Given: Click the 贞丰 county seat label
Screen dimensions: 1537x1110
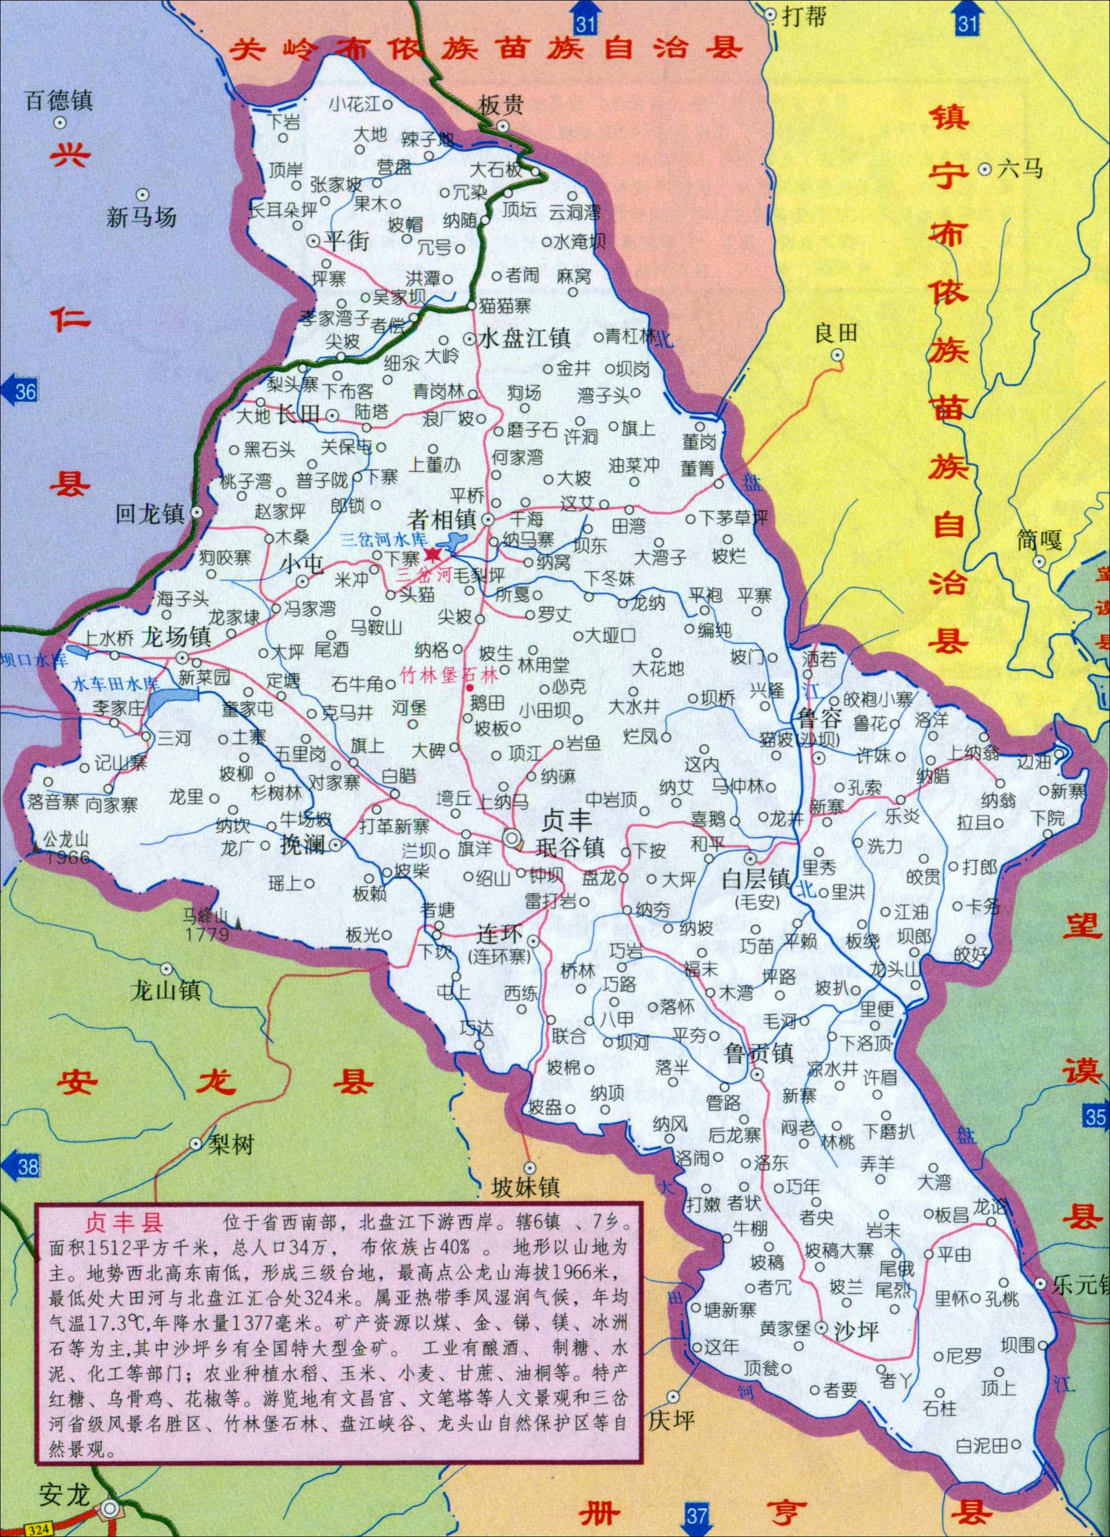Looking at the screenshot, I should tap(568, 821).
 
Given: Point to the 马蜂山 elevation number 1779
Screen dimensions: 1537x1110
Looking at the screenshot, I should tap(207, 935).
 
